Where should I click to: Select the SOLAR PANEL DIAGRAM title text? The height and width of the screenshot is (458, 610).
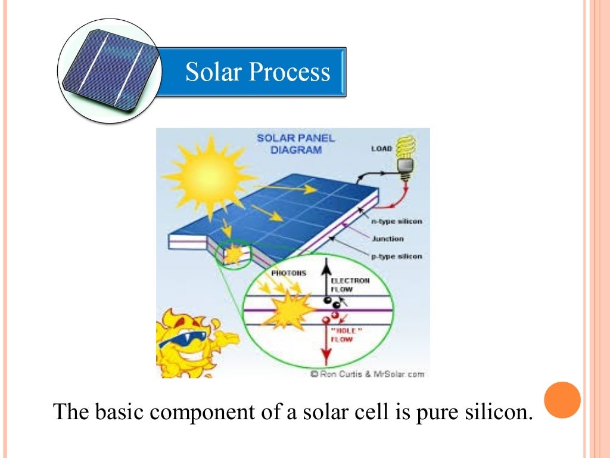click(x=295, y=144)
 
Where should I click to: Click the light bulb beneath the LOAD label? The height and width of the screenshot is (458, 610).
click(x=406, y=156)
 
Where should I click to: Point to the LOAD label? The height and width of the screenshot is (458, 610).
click(x=381, y=148)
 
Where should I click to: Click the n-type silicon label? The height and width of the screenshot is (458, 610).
click(x=397, y=221)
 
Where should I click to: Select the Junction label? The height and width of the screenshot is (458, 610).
click(x=388, y=239)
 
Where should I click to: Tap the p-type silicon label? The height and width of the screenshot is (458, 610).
click(x=397, y=256)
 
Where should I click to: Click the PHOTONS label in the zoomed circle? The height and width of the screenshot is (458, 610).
click(x=288, y=273)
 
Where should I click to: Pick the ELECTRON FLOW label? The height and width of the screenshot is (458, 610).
click(x=350, y=284)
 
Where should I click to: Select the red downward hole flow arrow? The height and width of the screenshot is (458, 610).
click(x=325, y=346)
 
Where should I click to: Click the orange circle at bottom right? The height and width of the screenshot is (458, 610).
click(x=562, y=400)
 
